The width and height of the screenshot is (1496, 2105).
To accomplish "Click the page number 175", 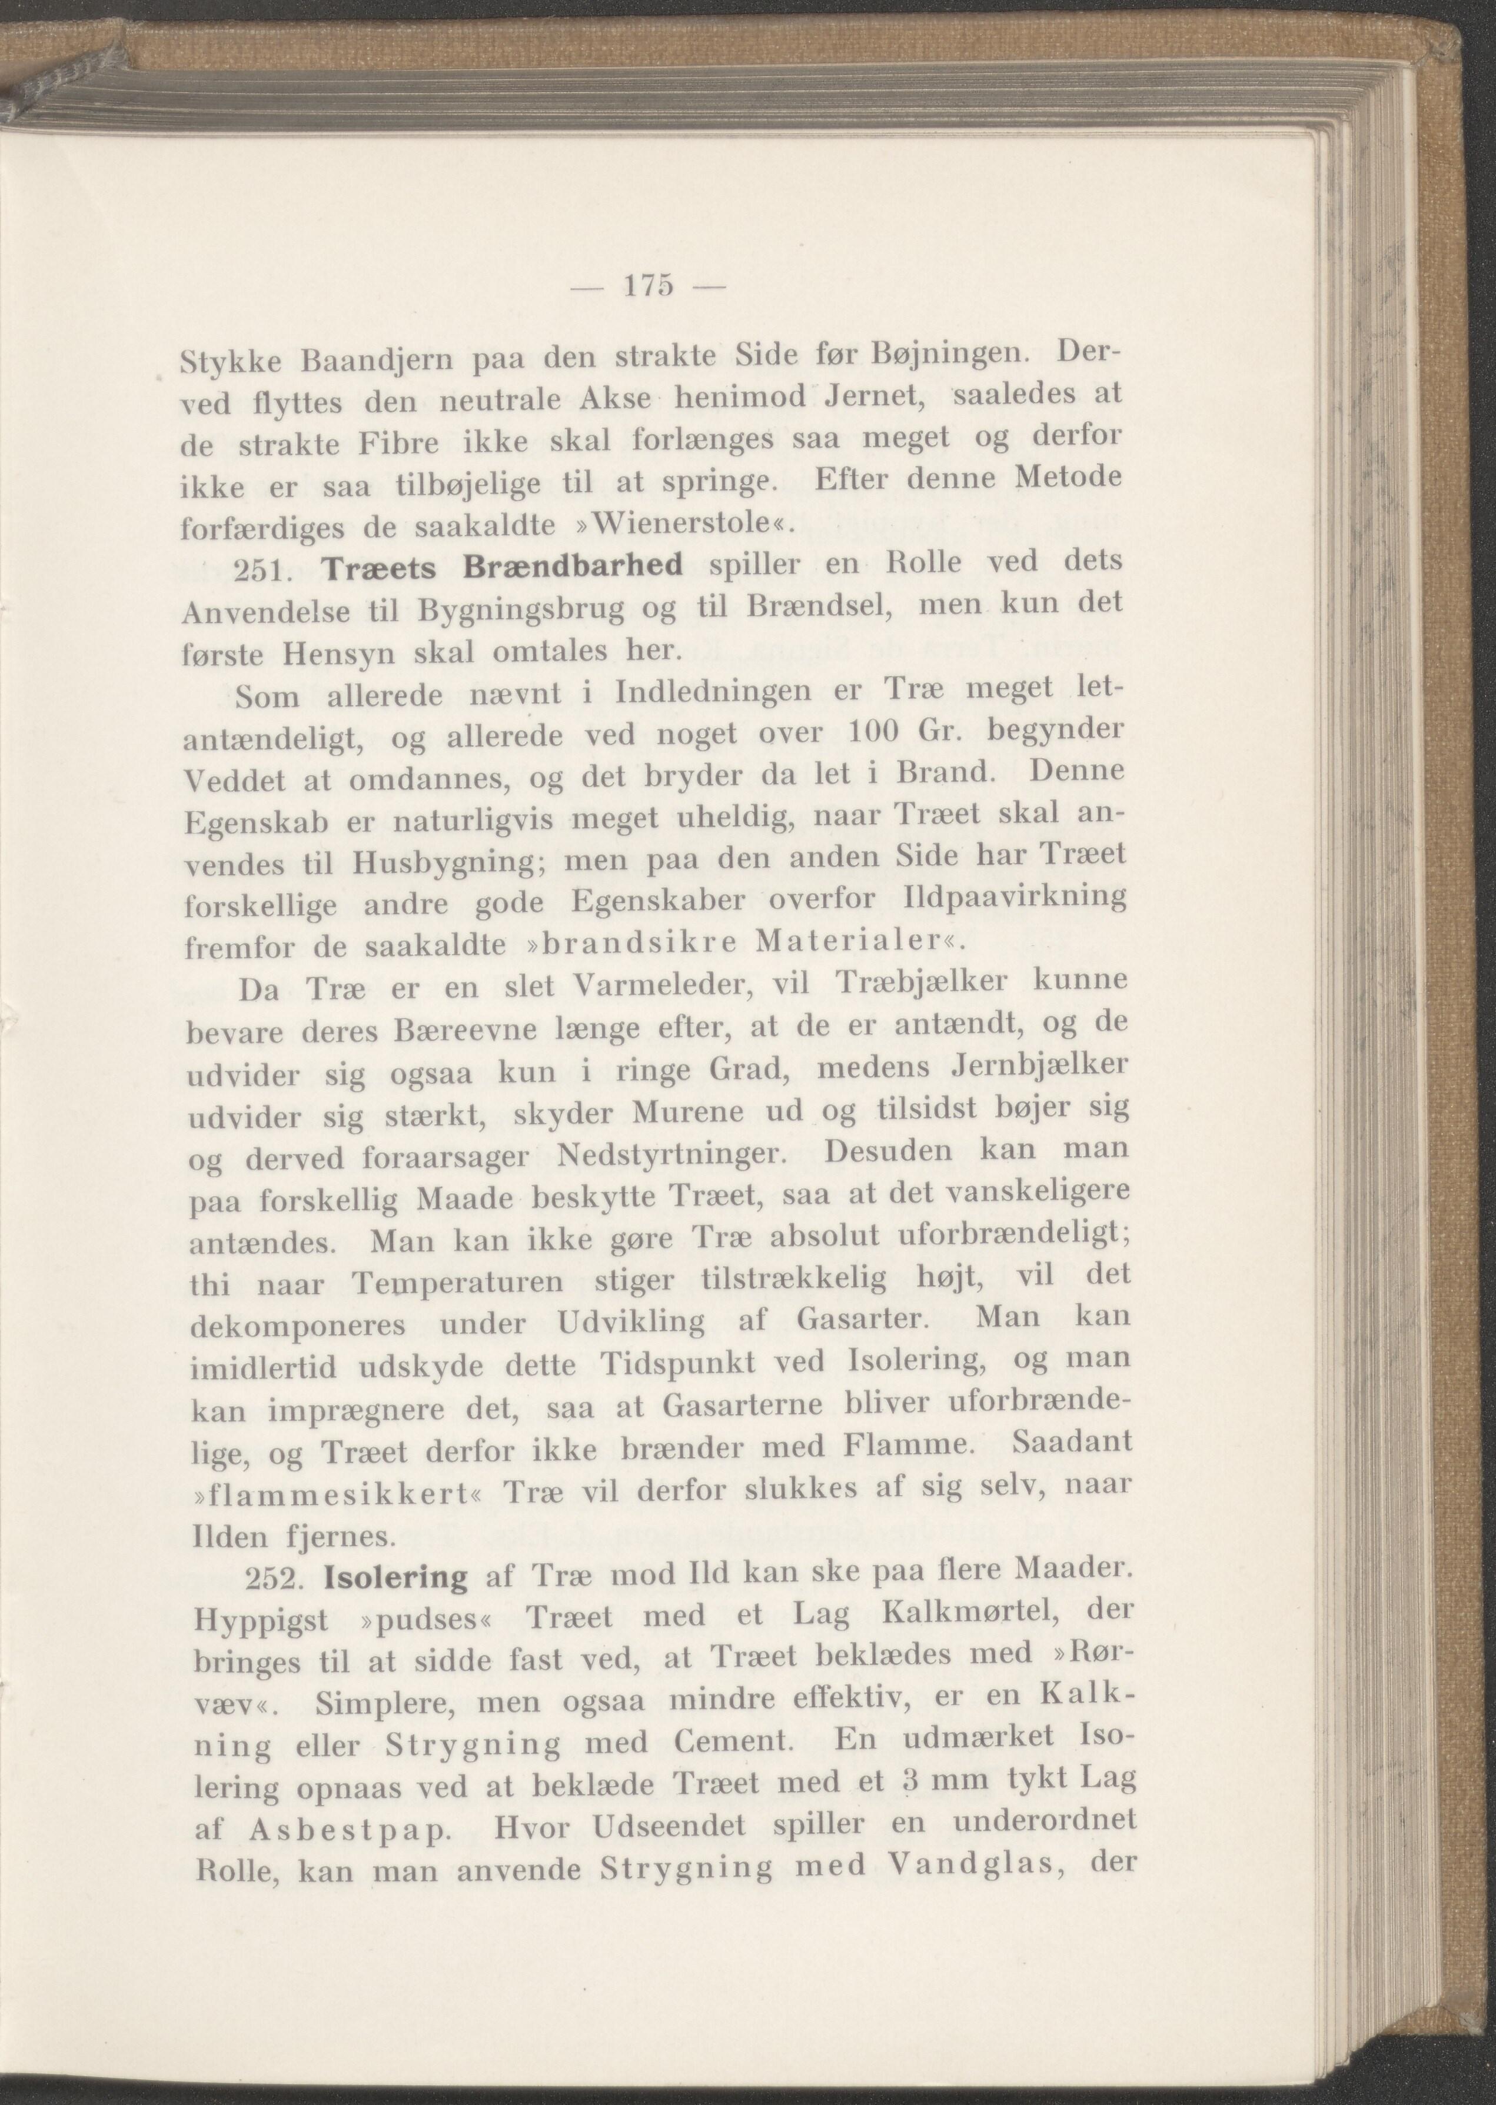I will pos(650,287).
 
